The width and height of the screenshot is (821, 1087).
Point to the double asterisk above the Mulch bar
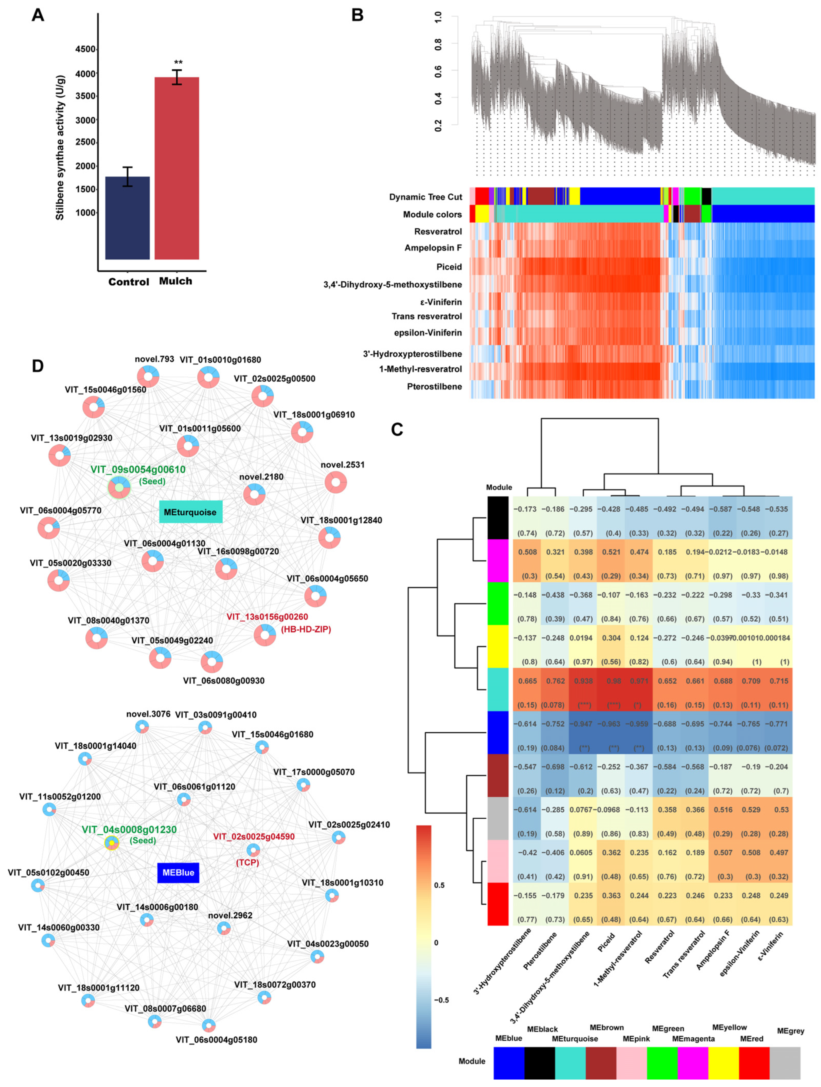tap(178, 62)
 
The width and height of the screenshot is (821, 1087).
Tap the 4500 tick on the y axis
tap(85, 49)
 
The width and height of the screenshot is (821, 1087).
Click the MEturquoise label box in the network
tap(190, 512)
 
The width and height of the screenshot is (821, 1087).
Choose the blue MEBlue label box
tap(178, 872)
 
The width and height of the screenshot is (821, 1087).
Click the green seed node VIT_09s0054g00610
tap(119, 487)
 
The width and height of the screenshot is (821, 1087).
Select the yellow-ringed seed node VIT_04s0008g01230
tap(112, 843)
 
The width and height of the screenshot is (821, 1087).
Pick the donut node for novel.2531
tap(335, 482)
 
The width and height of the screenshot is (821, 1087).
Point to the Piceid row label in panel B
tap(449, 267)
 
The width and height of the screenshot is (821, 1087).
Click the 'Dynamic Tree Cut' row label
tap(426, 197)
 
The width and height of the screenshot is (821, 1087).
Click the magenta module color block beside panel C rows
tap(498, 560)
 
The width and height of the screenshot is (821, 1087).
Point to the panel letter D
tap(38, 366)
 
